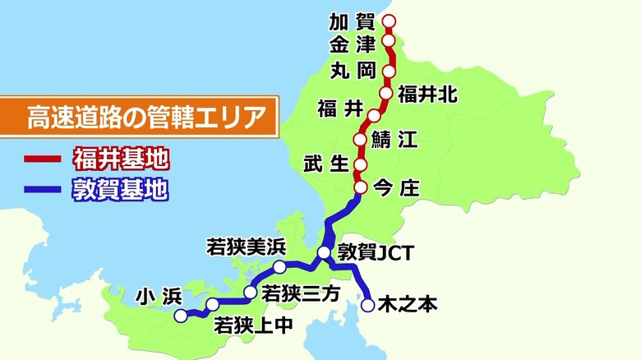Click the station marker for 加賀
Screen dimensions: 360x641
point(390,21)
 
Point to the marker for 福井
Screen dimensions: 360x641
point(375,115)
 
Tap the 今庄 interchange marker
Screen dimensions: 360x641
point(360,189)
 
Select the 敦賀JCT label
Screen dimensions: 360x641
point(376,253)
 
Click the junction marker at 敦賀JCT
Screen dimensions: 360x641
point(324,253)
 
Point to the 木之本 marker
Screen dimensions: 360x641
point(368,305)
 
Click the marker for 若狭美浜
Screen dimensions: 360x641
point(279,267)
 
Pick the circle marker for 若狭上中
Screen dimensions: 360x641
point(213,304)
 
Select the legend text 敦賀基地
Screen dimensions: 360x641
point(122,191)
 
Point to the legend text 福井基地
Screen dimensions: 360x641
point(122,158)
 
